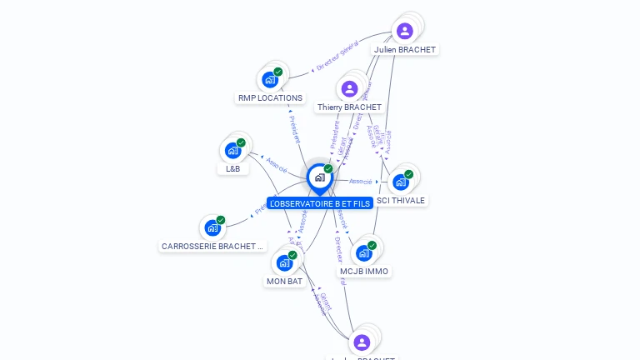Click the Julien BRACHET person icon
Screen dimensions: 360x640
tap(404, 32)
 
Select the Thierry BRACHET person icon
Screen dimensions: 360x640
tap(349, 89)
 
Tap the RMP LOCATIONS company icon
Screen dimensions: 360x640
tap(269, 80)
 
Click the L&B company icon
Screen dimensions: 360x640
tap(232, 151)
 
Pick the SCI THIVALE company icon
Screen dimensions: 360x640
tap(401, 182)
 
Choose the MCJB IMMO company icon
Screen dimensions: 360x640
tap(364, 253)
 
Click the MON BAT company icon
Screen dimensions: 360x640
tap(284, 263)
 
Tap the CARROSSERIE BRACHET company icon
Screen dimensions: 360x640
tap(212, 227)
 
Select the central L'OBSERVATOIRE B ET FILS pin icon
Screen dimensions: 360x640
tap(319, 177)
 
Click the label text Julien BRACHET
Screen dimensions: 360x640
tap(404, 49)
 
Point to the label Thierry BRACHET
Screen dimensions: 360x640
tap(349, 107)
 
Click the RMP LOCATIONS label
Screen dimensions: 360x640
tap(270, 98)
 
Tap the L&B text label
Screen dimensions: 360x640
tap(232, 168)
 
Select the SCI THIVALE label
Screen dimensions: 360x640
tap(401, 201)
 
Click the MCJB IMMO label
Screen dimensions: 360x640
tap(364, 272)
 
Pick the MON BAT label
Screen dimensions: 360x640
tap(284, 282)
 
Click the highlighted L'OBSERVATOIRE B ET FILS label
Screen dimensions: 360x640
tap(319, 203)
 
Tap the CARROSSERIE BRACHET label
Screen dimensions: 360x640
tap(212, 247)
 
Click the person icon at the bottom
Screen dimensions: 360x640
tap(361, 342)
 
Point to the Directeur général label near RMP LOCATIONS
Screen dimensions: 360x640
tap(337, 56)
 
